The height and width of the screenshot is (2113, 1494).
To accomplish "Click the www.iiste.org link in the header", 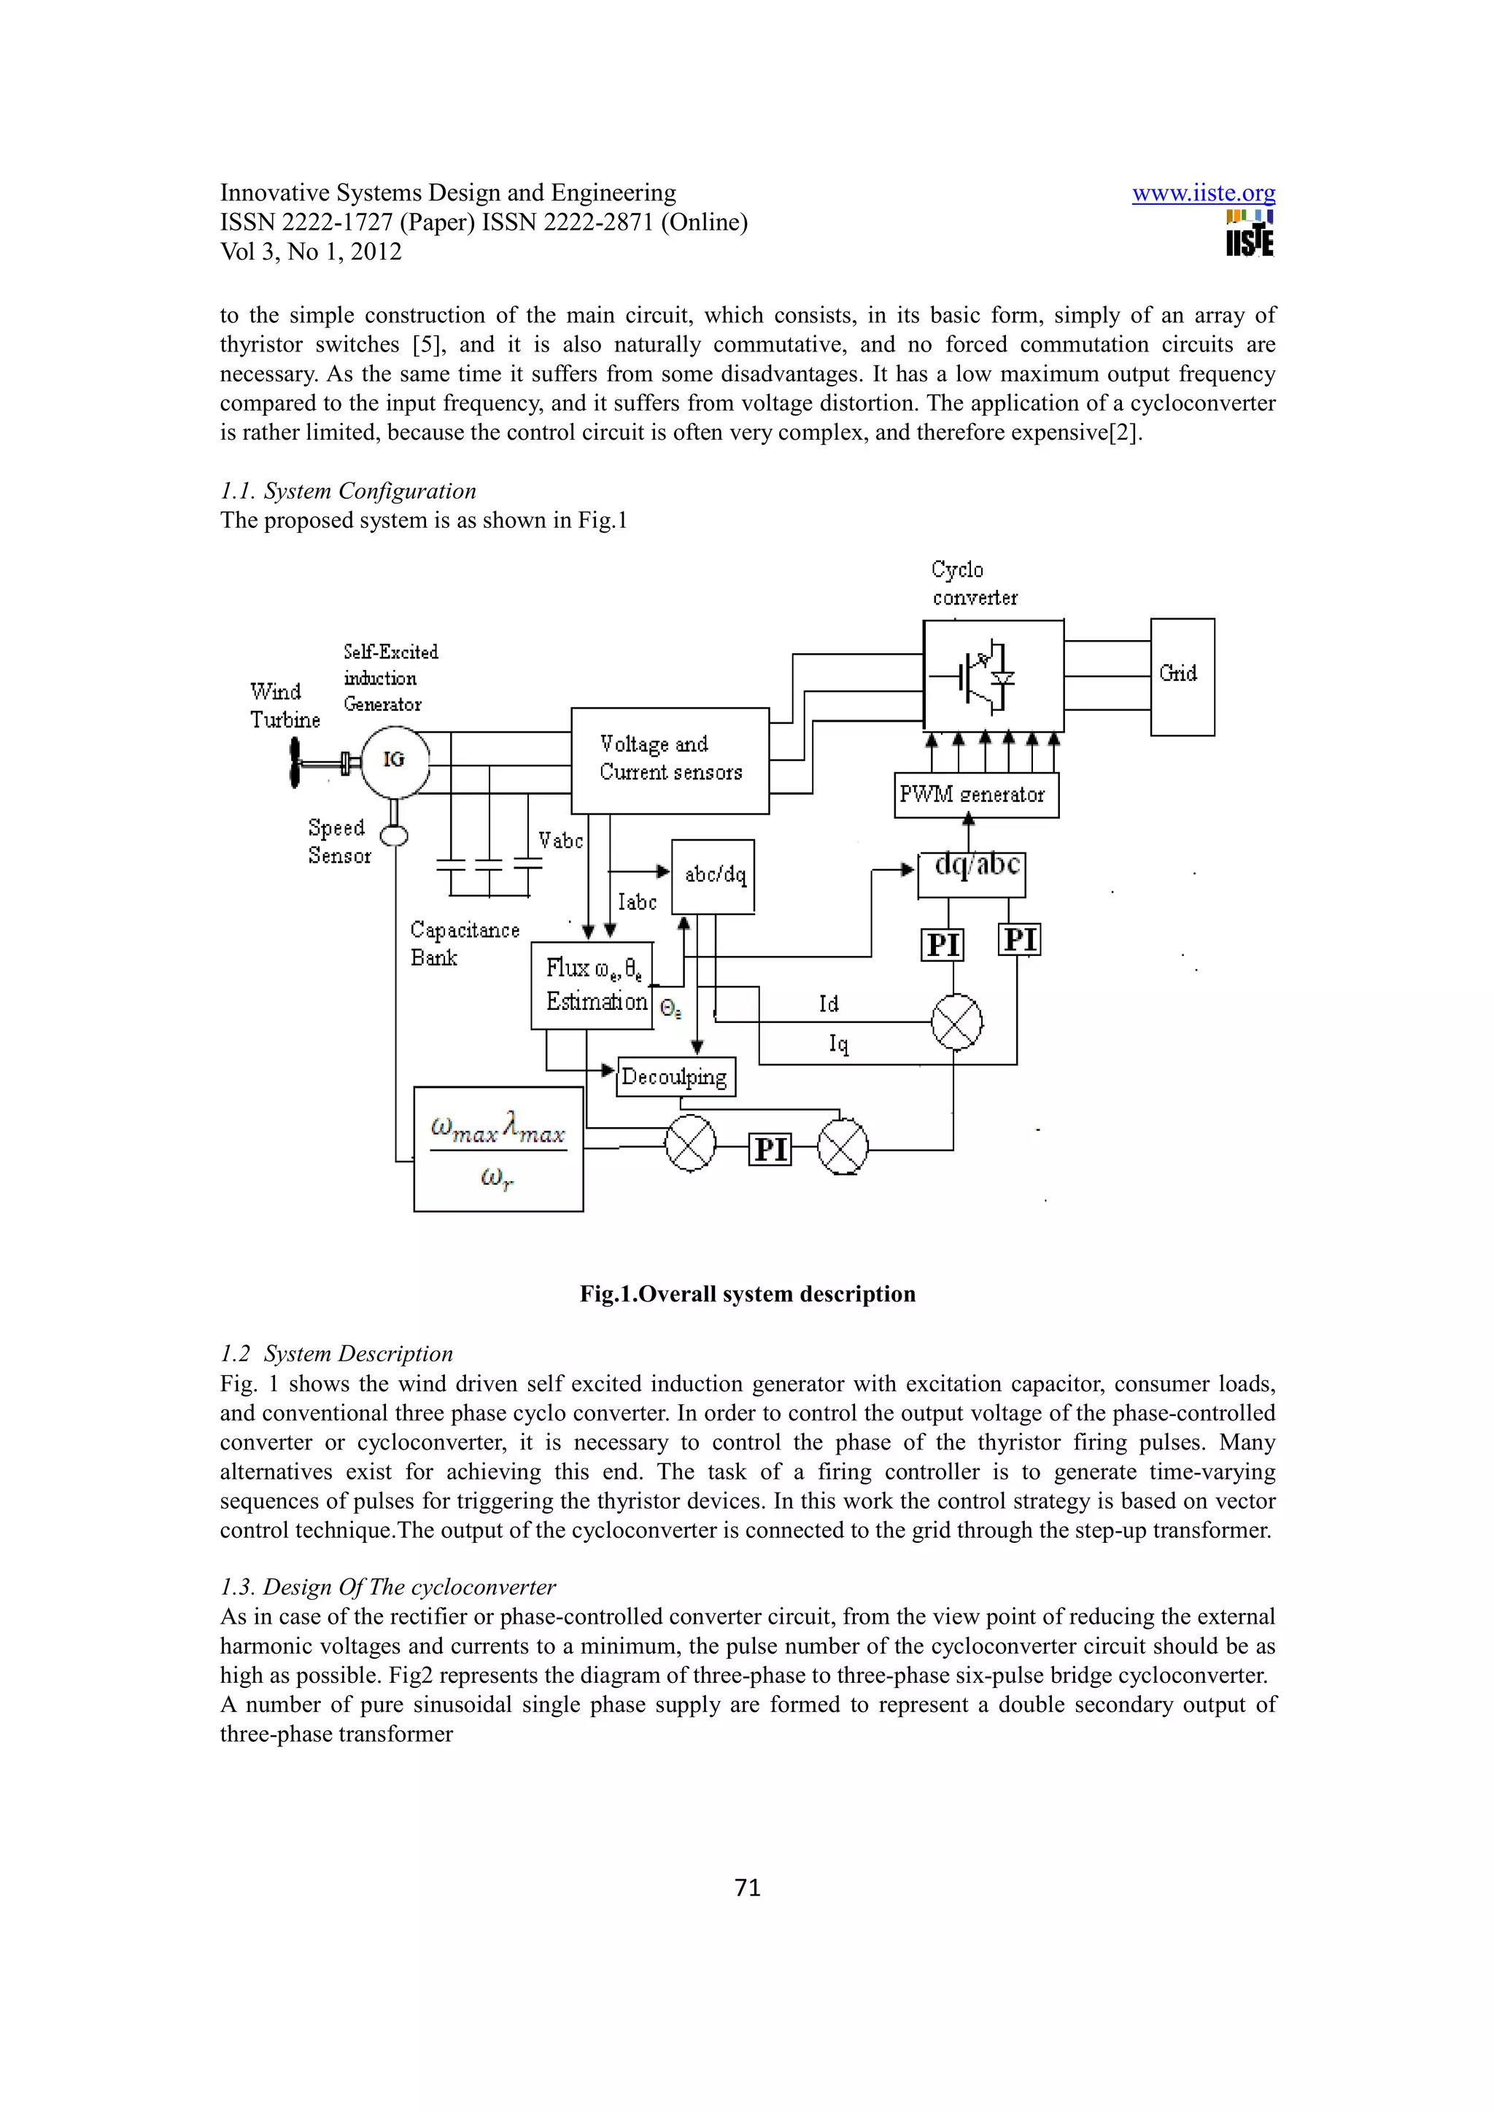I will coord(1203,193).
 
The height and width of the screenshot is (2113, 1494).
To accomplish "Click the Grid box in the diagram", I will coord(1182,677).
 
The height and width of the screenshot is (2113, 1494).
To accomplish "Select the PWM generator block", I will coord(976,795).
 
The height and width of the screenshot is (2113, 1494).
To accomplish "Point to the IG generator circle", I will coord(394,760).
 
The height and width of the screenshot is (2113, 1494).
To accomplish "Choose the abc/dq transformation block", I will coord(713,876).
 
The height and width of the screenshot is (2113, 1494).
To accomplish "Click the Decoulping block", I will coord(676,1077).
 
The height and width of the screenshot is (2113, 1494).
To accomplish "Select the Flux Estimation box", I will coord(592,985).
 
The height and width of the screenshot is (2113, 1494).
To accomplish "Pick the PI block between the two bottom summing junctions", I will coord(770,1149).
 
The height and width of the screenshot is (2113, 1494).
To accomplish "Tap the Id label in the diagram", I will coord(829,1004).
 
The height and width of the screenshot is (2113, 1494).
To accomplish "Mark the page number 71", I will coord(748,1888).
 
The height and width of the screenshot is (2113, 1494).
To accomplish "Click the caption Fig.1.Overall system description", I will coord(748,1294).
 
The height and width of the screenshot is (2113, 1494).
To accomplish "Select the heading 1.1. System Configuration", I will coord(348,491).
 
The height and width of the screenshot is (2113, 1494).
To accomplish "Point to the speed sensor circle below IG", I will coord(394,836).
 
